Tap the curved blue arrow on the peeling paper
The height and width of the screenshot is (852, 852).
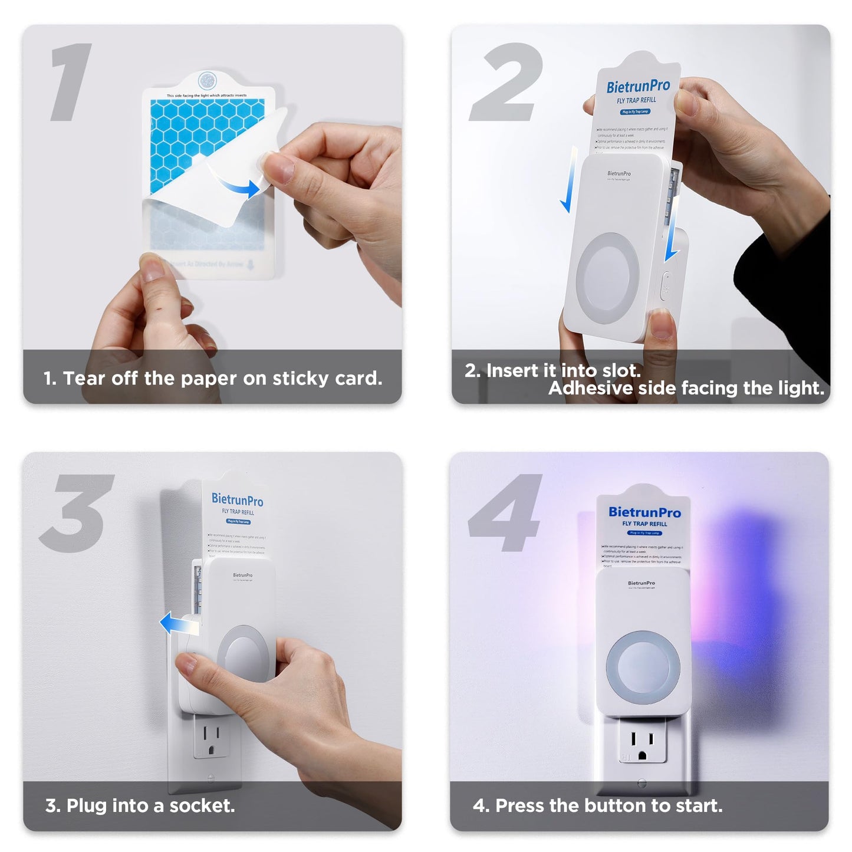pyautogui.click(x=239, y=184)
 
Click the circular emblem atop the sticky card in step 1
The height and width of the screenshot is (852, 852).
pyautogui.click(x=206, y=80)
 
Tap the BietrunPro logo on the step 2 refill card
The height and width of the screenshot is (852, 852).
pyautogui.click(x=638, y=87)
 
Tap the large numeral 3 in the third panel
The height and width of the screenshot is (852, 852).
pyautogui.click(x=77, y=513)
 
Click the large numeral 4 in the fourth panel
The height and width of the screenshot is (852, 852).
pyautogui.click(x=506, y=513)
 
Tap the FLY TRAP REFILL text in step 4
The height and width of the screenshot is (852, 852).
pyautogui.click(x=644, y=524)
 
